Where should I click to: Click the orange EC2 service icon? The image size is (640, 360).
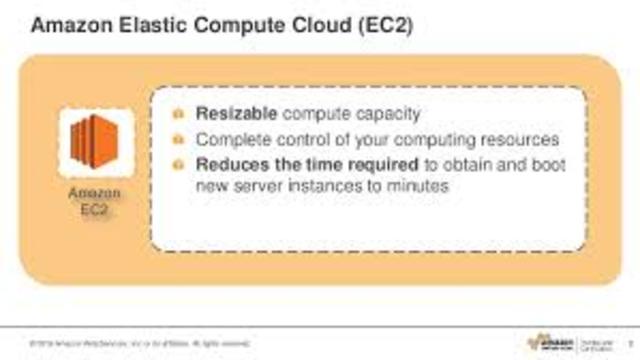[97, 143]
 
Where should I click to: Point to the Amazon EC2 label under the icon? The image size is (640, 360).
[97, 203]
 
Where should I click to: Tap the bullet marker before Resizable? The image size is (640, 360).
[178, 114]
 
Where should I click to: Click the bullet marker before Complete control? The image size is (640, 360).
[178, 139]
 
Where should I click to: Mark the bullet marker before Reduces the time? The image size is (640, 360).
[178, 164]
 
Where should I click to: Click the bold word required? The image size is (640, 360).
[366, 163]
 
